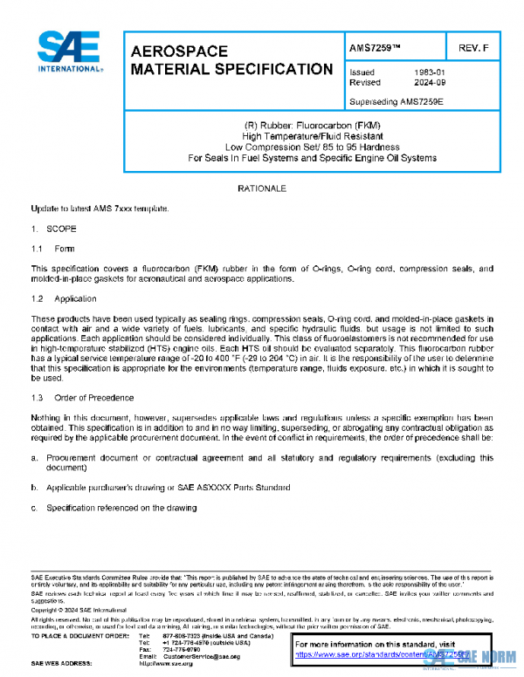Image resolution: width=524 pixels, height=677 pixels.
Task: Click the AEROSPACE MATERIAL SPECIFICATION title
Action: click(x=231, y=60)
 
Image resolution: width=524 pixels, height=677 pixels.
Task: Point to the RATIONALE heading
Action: click(x=261, y=188)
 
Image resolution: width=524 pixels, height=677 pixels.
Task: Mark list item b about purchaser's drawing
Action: click(x=166, y=488)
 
